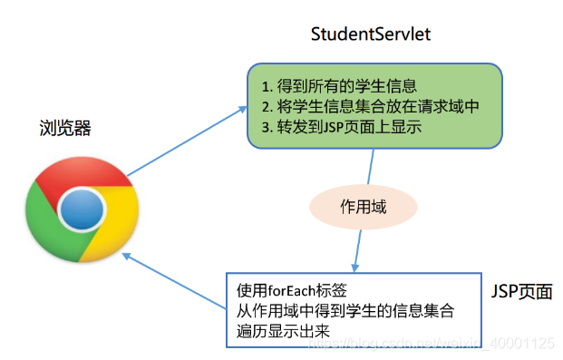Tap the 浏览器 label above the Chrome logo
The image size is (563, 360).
pos(65,128)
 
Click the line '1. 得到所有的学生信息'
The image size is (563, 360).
pos(338,87)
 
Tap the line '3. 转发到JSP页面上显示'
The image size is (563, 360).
pos(341,128)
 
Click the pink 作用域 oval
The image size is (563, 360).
pos(363,207)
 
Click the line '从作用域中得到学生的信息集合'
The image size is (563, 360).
pos(345,311)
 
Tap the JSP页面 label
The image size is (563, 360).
pos(520,292)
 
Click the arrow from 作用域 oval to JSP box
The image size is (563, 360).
pos(360,248)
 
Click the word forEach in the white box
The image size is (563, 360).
pos(288,292)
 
